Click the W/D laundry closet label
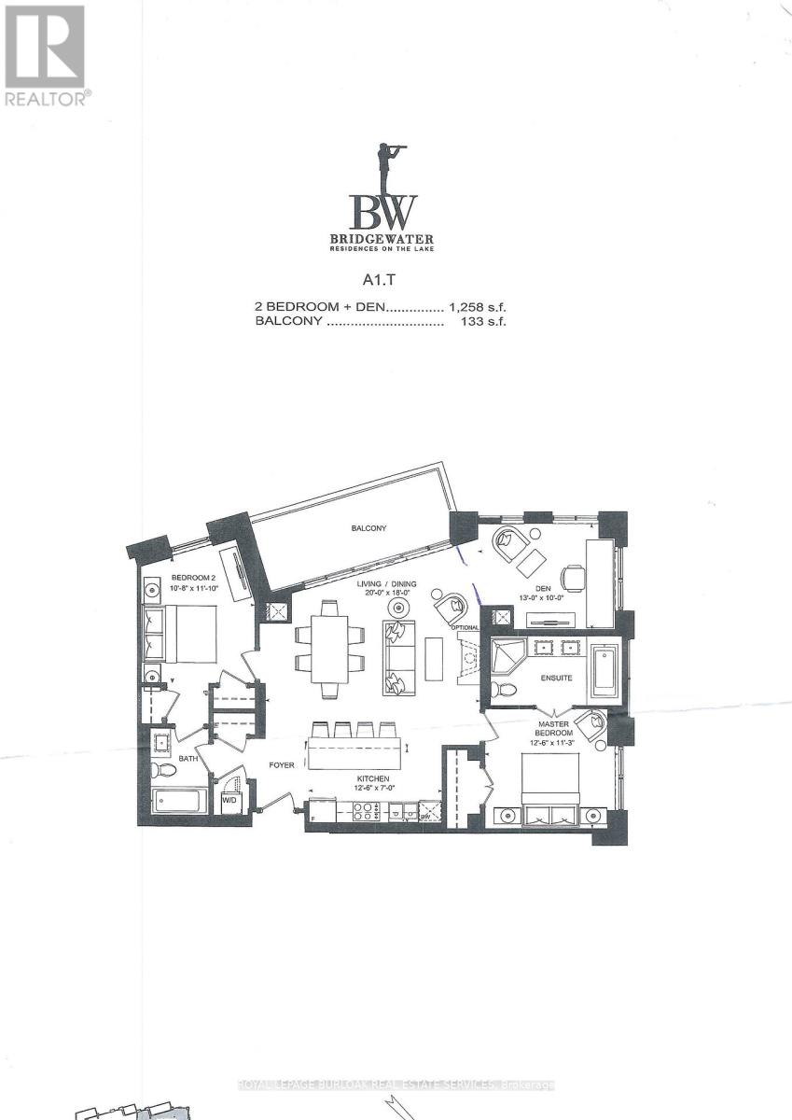[x=229, y=802]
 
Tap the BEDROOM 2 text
[x=167, y=578]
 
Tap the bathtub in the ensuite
[x=602, y=671]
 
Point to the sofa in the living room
[x=397, y=657]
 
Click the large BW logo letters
[x=383, y=213]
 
